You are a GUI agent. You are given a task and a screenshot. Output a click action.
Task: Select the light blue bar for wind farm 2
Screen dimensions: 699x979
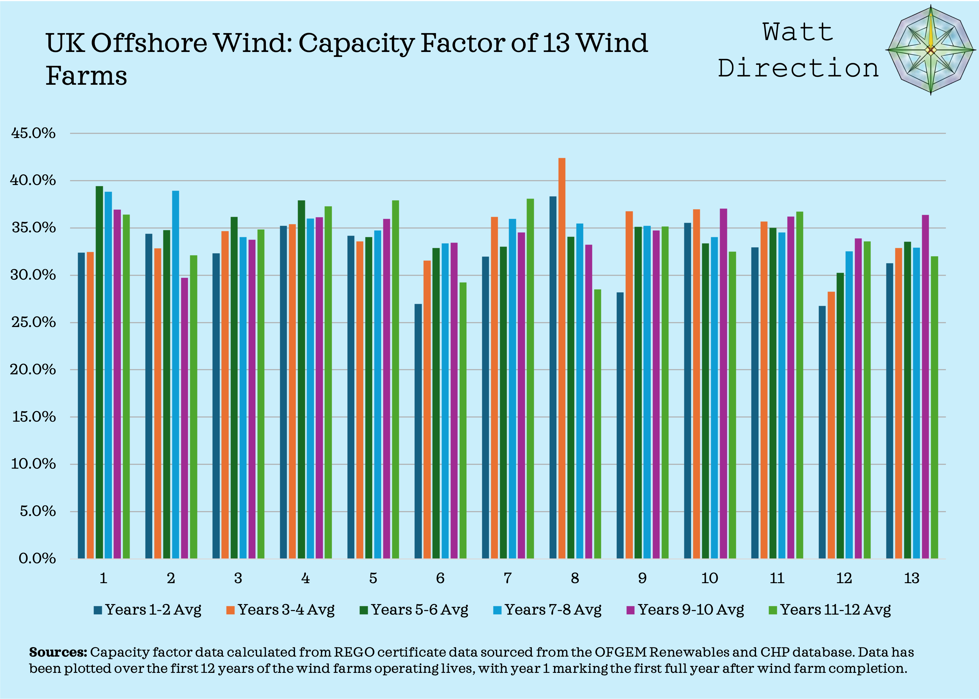coord(176,374)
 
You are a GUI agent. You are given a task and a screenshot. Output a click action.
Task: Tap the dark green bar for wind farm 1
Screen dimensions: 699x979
coord(99,372)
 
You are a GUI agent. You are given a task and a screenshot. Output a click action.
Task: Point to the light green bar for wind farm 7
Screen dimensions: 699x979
coord(531,379)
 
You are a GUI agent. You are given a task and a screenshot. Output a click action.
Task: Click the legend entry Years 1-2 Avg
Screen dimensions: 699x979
coord(148,610)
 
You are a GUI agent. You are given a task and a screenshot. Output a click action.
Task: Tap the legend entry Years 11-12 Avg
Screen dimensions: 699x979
coord(830,610)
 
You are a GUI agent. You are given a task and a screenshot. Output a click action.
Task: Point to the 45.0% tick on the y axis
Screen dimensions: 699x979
coord(33,133)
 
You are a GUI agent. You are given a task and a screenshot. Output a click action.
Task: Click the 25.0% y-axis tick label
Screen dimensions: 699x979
coord(33,322)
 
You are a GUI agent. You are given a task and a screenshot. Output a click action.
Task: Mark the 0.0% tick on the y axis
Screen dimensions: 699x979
coord(37,559)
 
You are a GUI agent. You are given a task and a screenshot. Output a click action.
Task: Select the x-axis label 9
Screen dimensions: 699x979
coord(642,578)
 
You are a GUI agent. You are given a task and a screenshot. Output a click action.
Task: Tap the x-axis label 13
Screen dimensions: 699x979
coord(912,578)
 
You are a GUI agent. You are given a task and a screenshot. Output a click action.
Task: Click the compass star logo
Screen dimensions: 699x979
coord(930,50)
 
